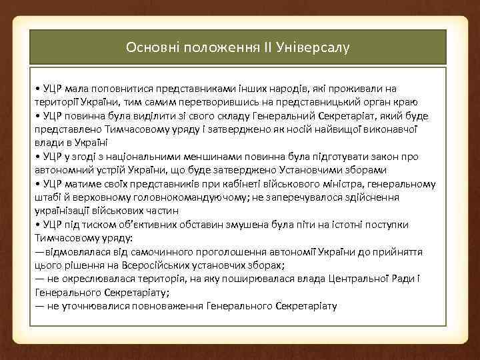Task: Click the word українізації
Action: (x=63, y=211)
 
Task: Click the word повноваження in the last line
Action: (x=169, y=306)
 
